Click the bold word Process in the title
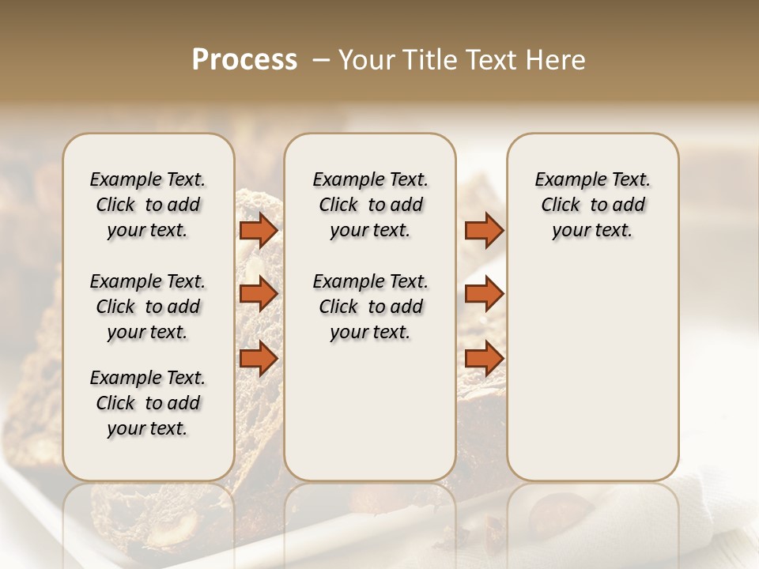coord(244,60)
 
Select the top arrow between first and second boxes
coord(259,230)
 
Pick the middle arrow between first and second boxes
coord(259,294)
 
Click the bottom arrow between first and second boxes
coord(259,358)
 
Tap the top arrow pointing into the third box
coord(484,230)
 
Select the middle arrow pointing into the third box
coord(484,294)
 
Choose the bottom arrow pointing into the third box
coord(484,358)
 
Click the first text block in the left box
coord(148,205)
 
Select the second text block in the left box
coord(148,307)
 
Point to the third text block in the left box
coord(148,403)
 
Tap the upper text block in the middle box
coord(370,205)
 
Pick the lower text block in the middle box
coord(370,307)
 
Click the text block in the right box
coord(592,205)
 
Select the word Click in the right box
coord(561,205)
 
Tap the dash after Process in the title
coord(320,60)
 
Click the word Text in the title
coord(493,60)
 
